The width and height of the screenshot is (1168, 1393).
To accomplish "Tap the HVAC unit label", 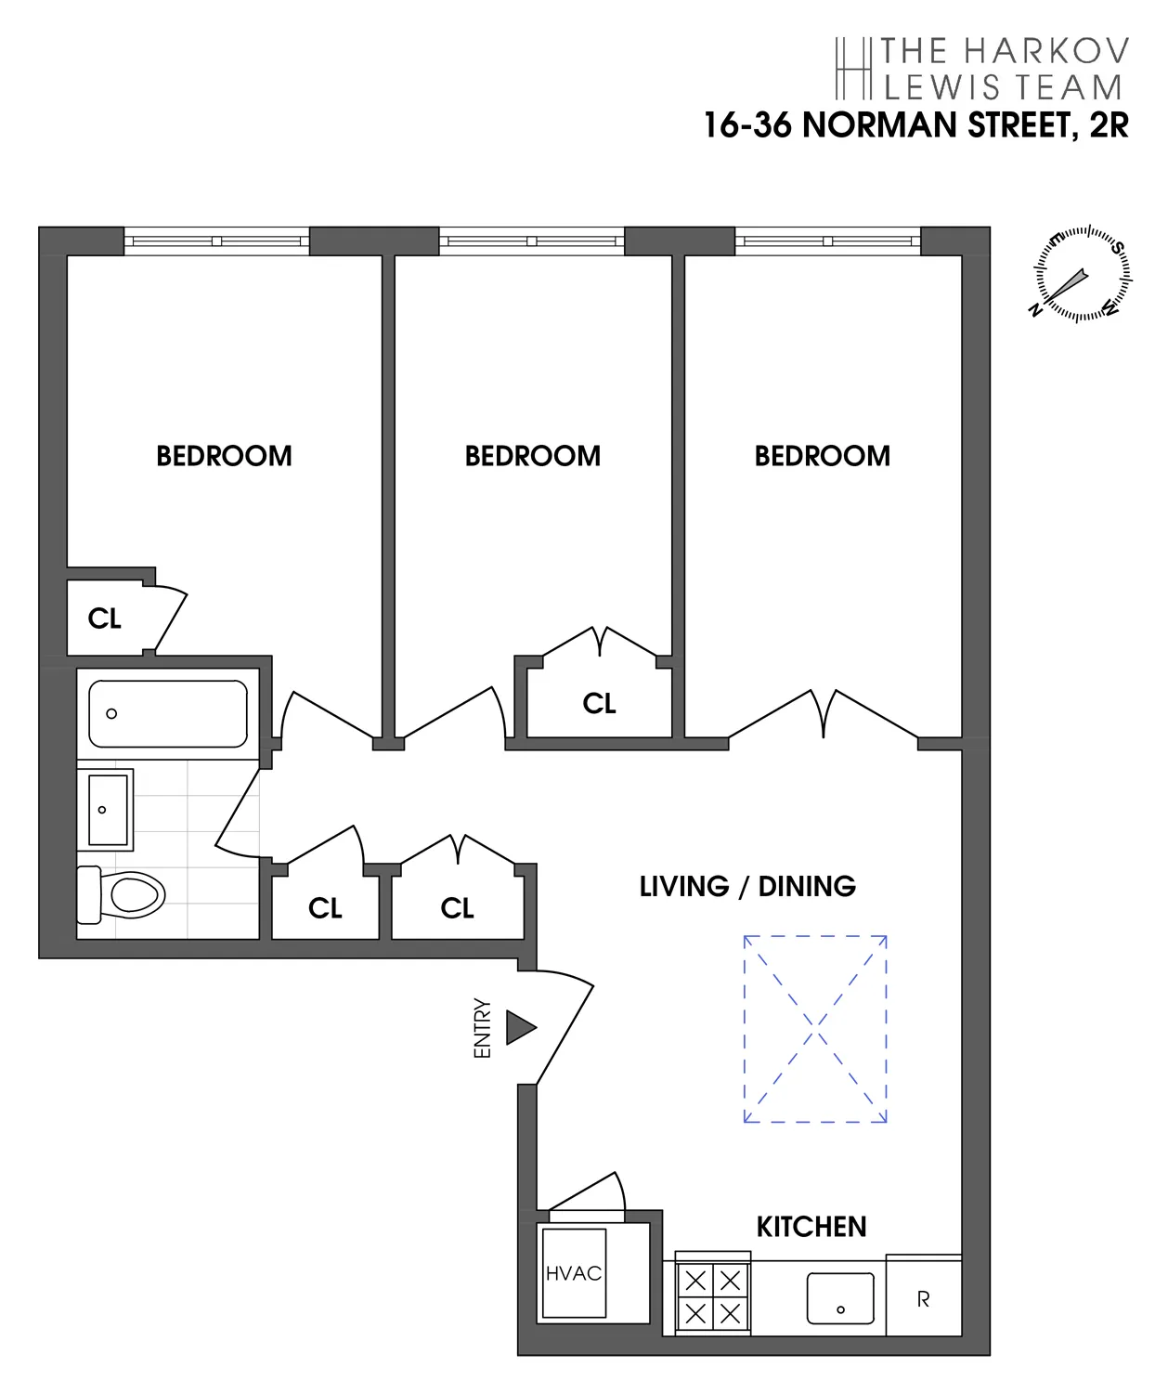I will click(574, 1273).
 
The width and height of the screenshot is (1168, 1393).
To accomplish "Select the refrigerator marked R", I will click(923, 1299).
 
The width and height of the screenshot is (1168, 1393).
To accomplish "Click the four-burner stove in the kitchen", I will click(713, 1297).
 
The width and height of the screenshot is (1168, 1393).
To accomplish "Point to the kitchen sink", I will click(840, 1298).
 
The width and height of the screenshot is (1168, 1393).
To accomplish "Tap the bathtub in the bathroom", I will click(168, 713).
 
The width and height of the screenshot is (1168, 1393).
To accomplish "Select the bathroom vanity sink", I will click(108, 810).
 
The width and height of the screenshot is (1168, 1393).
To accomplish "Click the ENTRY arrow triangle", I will click(520, 1027).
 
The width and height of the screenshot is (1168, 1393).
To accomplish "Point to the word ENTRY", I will click(482, 1028).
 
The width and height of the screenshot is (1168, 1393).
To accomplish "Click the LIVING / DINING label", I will click(747, 886).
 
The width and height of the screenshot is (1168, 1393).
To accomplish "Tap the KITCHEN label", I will click(811, 1227).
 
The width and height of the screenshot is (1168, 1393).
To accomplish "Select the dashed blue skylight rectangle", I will click(815, 1029).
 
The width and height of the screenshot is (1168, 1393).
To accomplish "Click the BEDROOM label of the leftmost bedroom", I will click(224, 456).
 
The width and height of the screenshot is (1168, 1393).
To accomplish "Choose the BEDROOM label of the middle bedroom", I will click(532, 456).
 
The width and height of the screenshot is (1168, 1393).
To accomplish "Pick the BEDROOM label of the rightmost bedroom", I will click(822, 456).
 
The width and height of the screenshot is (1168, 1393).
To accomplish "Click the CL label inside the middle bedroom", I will click(599, 704).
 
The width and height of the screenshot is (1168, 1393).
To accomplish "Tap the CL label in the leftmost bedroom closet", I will click(104, 618).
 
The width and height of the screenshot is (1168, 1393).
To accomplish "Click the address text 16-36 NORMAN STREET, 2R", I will click(915, 124).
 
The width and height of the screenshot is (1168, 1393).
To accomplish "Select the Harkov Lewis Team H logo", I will click(853, 69).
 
